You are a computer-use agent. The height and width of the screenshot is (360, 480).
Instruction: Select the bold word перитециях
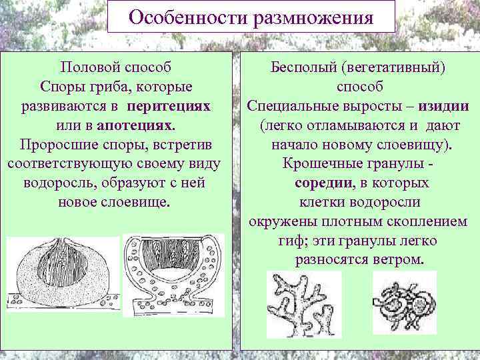point(169,107)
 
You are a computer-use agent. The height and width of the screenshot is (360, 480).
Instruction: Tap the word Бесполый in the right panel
point(300,69)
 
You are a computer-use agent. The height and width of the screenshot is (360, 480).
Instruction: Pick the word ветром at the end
point(399,259)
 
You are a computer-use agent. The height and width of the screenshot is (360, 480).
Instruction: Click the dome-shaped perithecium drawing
point(63,276)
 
